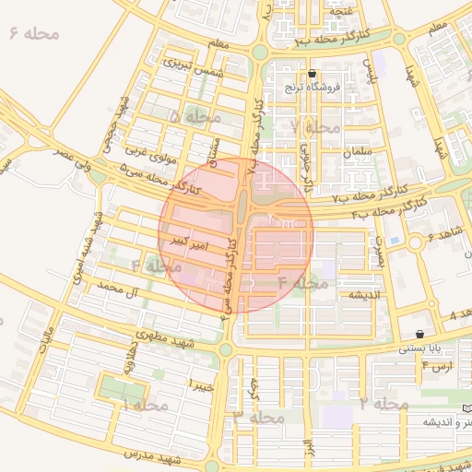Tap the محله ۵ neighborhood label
pyautogui.click(x=195, y=116)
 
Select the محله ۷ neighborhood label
pyautogui.click(x=314, y=125)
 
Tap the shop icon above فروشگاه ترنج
pyautogui.click(x=313, y=73)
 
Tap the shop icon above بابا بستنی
pyautogui.click(x=419, y=334)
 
